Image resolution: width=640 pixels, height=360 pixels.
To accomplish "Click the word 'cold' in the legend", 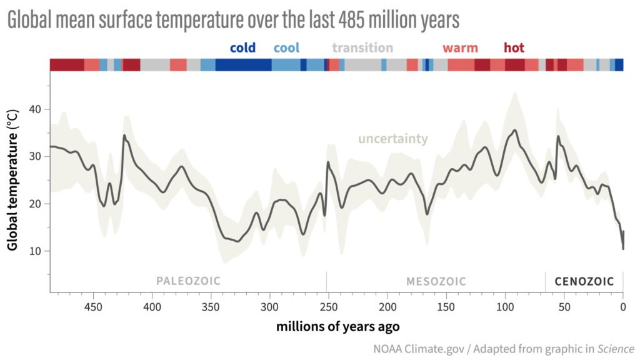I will pyautogui.click(x=243, y=48).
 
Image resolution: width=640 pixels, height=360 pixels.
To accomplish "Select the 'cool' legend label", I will pyautogui.click(x=286, y=48).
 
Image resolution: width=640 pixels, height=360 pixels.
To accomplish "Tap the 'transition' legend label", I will pyautogui.click(x=362, y=48).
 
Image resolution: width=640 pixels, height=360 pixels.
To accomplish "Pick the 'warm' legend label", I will pyautogui.click(x=460, y=48).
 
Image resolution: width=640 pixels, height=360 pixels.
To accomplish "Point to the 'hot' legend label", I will pyautogui.click(x=514, y=48).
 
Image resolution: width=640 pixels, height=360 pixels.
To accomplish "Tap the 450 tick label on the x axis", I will pyautogui.click(x=93, y=307).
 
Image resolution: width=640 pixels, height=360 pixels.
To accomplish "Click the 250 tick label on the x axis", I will pyautogui.click(x=328, y=307).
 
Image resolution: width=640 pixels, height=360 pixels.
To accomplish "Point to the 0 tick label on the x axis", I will pyautogui.click(x=622, y=307).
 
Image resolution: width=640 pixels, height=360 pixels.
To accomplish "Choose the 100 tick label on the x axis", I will pyautogui.click(x=505, y=307).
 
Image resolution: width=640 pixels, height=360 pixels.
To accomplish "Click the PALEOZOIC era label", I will pyautogui.click(x=188, y=281).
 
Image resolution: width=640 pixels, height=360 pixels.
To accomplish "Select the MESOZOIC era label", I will pyautogui.click(x=436, y=281).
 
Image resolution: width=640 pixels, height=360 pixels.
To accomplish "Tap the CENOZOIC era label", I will pyautogui.click(x=584, y=281).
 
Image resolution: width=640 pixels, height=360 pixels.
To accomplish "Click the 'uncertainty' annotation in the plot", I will pyautogui.click(x=392, y=139).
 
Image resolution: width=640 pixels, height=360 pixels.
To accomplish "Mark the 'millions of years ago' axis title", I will pyautogui.click(x=337, y=326).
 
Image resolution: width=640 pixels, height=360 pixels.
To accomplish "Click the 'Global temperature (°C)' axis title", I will pyautogui.click(x=12, y=178).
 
